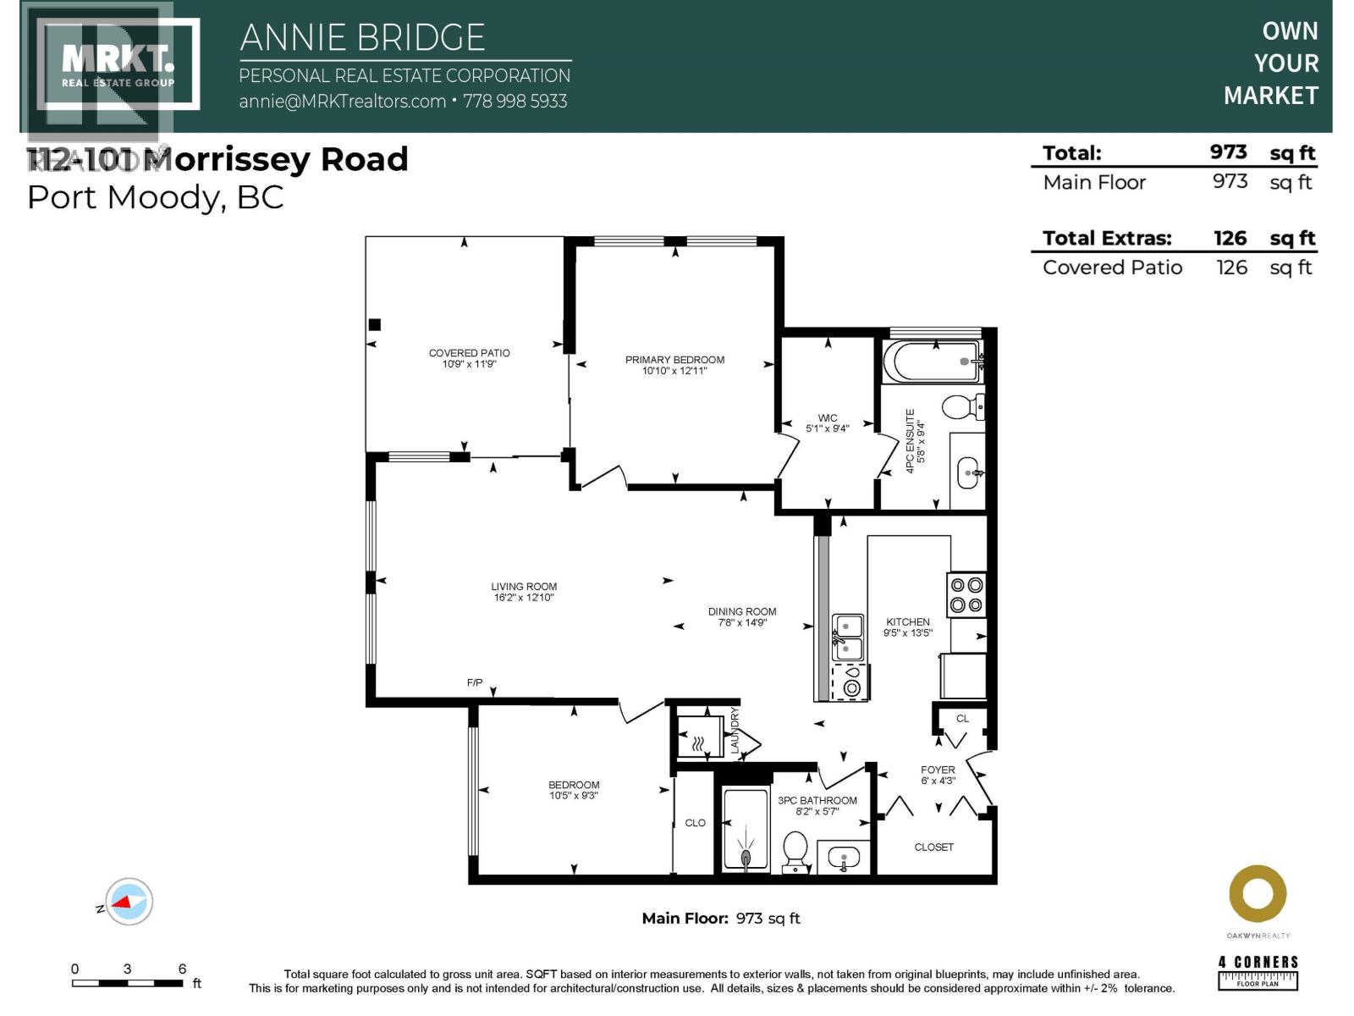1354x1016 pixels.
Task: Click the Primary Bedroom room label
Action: (674, 360)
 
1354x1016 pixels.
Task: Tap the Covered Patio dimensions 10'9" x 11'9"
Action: (469, 364)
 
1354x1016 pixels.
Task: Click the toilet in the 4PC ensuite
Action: (962, 407)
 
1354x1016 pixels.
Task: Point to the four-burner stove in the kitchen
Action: (966, 594)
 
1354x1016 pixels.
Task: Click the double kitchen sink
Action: (848, 638)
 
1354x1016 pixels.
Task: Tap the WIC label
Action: (827, 418)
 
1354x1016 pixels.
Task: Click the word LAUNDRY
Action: (735, 732)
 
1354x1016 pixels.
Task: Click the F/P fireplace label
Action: (475, 682)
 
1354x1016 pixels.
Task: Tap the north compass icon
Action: (129, 903)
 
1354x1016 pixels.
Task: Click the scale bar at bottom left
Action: (127, 983)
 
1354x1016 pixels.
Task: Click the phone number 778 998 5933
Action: (515, 102)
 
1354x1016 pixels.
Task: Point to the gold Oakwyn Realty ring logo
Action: (1258, 894)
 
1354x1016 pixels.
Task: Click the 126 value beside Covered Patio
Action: (1231, 268)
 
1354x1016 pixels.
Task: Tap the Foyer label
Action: (938, 770)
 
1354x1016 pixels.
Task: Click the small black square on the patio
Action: (375, 324)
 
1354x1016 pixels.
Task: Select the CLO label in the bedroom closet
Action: (695, 823)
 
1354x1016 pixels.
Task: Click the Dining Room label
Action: (742, 611)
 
